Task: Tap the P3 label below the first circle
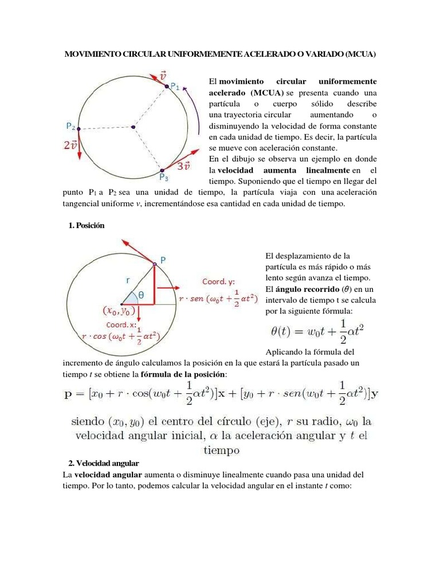(x=163, y=177)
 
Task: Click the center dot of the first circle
(x=133, y=127)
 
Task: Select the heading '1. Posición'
(x=86, y=225)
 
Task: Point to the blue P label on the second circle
(x=163, y=259)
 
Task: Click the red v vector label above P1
(x=163, y=75)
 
